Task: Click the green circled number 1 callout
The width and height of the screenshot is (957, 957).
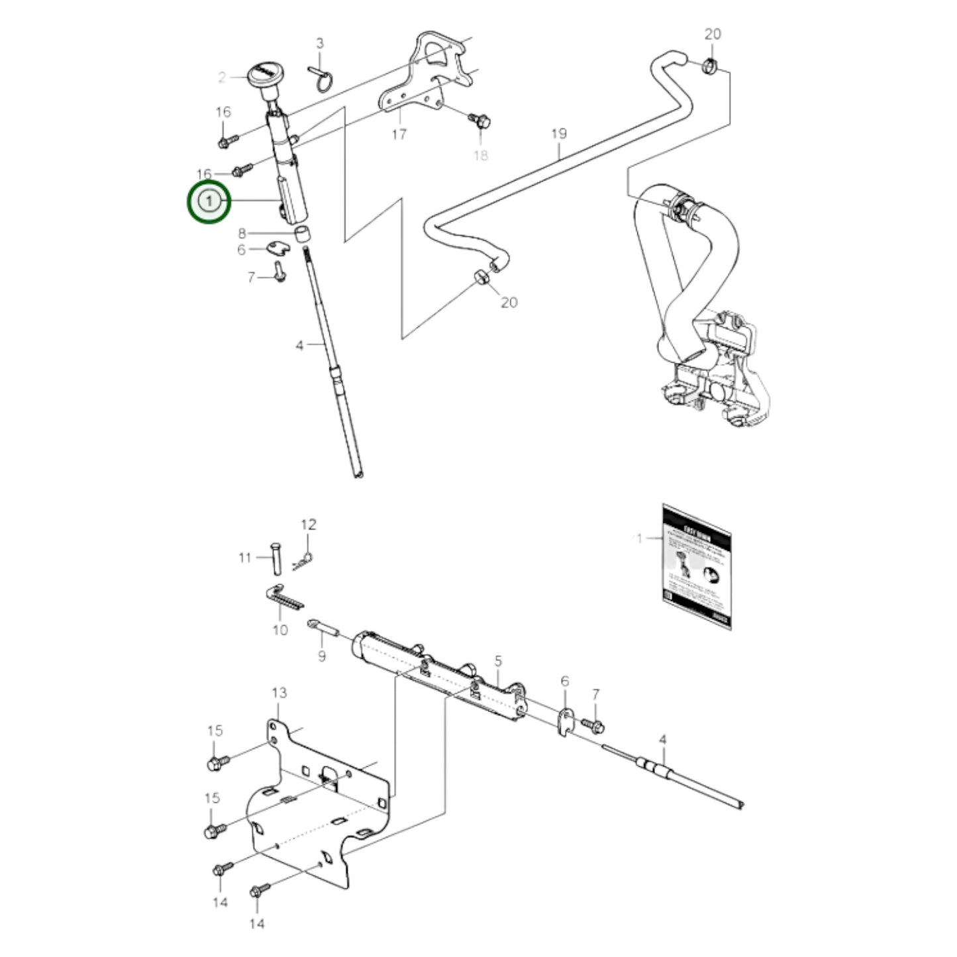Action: tap(209, 201)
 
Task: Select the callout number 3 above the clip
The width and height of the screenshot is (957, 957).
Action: tap(320, 44)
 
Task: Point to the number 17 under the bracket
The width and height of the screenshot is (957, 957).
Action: tap(399, 134)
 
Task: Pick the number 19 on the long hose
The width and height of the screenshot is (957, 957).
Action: tap(559, 134)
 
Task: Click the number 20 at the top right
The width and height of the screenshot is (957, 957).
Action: tap(713, 34)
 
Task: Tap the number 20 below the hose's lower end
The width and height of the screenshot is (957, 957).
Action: tap(509, 302)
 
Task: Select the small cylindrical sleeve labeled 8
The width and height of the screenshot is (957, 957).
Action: tap(303, 233)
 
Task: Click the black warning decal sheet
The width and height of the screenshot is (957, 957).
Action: tap(696, 567)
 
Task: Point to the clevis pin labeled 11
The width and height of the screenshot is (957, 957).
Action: tap(276, 558)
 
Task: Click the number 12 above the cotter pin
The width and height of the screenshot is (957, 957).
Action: tap(309, 525)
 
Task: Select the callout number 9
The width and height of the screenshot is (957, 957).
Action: tap(322, 656)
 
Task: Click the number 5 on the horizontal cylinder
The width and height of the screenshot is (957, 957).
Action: tap(498, 660)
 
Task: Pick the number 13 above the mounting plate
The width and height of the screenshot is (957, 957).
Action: tap(279, 693)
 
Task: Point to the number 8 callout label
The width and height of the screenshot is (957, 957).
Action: tap(242, 233)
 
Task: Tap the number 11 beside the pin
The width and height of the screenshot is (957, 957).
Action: tap(245, 558)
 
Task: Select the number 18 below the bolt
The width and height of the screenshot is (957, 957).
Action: tap(480, 155)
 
